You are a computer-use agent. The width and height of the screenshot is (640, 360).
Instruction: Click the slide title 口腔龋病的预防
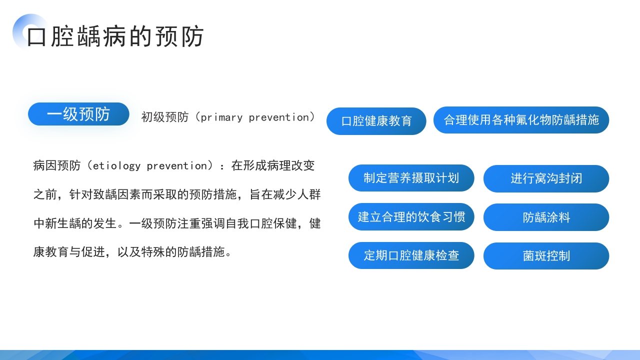tap(115, 36)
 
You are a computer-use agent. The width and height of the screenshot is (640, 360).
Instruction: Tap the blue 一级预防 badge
tap(78, 114)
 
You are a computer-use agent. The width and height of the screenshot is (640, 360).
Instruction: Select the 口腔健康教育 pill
tap(376, 121)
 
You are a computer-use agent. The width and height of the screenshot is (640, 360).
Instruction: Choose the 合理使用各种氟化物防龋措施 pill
tap(521, 120)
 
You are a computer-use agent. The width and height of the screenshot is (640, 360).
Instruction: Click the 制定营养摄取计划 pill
tap(411, 178)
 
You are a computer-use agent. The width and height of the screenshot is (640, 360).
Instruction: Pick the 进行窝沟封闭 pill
tap(546, 178)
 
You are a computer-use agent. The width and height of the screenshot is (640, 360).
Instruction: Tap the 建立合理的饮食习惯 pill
tap(411, 217)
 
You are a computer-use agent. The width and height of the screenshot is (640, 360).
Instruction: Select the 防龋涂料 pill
tap(546, 217)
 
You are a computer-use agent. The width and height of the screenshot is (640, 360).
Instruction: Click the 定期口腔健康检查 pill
tap(411, 255)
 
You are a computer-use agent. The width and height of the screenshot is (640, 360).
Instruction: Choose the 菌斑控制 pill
tap(546, 256)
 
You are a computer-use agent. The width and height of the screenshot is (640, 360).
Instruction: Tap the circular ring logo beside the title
tap(29, 31)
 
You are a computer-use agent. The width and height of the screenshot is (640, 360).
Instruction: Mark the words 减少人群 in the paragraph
tap(297, 195)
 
